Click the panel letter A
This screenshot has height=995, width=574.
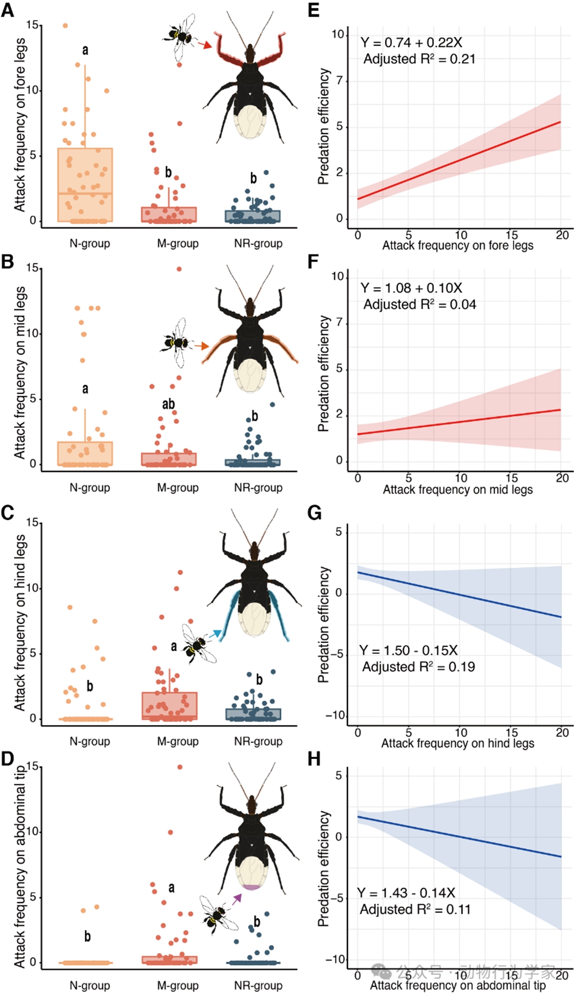[7, 10]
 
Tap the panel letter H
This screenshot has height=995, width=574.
[314, 758]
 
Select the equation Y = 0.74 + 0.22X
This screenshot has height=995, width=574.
[411, 42]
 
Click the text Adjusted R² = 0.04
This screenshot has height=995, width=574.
[420, 304]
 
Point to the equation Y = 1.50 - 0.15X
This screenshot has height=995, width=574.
[408, 650]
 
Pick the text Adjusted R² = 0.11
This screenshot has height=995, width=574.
[415, 909]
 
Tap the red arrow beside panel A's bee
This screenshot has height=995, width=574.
[204, 44]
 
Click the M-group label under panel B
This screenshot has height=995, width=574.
[178, 487]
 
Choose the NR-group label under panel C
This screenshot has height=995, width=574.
[258, 741]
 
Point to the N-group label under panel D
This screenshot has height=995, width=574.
[90, 985]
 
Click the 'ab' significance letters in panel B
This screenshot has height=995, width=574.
[168, 404]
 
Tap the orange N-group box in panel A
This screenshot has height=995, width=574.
[85, 184]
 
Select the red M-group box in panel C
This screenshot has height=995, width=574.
[169, 706]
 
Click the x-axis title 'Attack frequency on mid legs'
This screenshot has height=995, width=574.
[457, 489]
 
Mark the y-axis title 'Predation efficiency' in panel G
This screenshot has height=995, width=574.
[324, 624]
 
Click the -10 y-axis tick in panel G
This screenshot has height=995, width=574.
[335, 715]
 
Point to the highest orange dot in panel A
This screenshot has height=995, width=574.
[65, 26]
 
